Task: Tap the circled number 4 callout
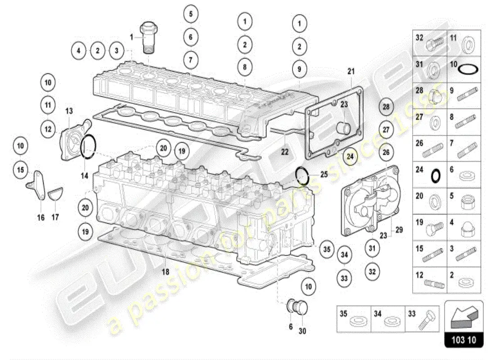[x=78, y=50]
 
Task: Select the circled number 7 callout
[x=190, y=59]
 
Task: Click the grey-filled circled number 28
[x=386, y=107]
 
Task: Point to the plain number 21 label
[x=351, y=71]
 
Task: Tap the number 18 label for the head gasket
[x=166, y=271]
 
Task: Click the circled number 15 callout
[x=20, y=170]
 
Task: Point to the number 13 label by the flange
[x=69, y=111]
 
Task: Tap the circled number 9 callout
[x=299, y=69]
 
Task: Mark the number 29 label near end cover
[x=399, y=229]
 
